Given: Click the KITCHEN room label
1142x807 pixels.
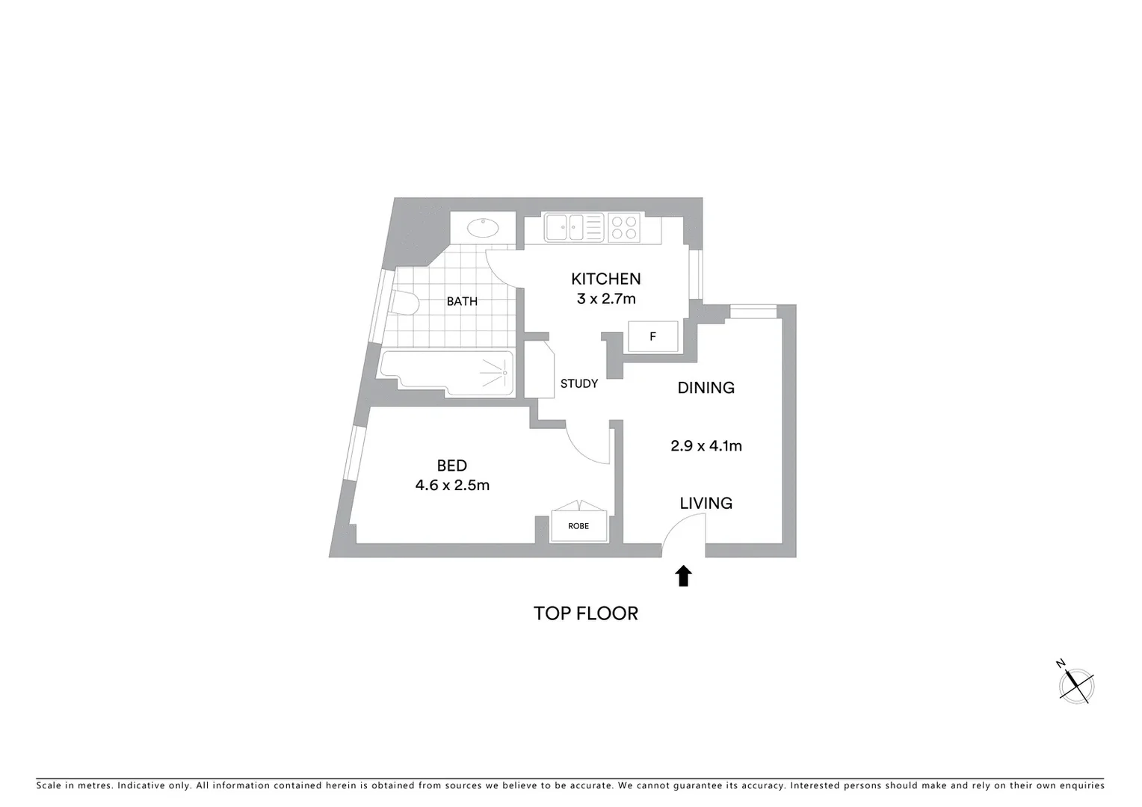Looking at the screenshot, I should [605, 279].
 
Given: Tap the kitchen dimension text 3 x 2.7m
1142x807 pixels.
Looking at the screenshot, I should [605, 299].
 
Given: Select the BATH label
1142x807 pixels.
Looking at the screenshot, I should [462, 301].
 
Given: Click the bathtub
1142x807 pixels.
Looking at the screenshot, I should [447, 372].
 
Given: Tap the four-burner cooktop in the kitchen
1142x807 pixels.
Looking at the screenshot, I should [623, 227].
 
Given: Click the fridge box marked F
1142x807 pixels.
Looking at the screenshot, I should [652, 336].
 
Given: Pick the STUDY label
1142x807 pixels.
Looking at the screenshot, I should [579, 383].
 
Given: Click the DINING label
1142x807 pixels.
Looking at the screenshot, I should [706, 387].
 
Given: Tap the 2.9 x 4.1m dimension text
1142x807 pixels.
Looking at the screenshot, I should [706, 446].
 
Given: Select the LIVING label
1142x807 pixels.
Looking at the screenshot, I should [706, 503].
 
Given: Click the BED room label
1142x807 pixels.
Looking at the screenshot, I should [451, 466].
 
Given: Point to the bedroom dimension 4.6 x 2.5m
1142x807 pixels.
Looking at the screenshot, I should [452, 485].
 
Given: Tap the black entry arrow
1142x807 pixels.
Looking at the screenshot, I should [683, 575].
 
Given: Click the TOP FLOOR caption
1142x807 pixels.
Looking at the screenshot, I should [585, 613].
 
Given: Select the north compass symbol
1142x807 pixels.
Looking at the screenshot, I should [1076, 684].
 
